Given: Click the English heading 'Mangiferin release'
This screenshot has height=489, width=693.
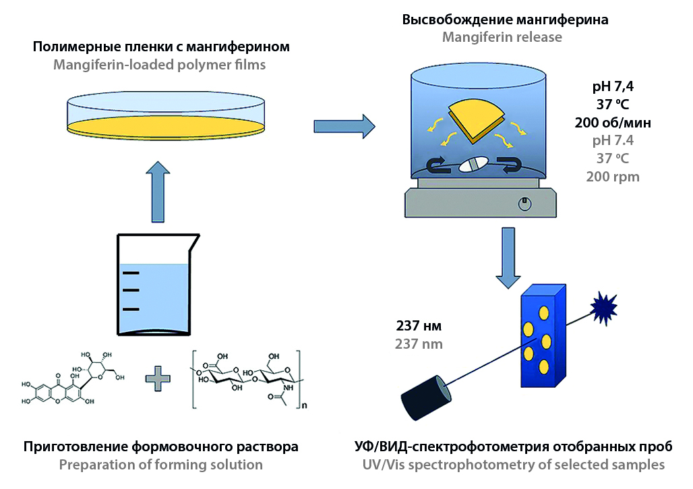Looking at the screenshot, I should pos(502,37).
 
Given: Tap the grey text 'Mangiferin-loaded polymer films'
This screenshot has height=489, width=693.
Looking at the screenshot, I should pos(160,65).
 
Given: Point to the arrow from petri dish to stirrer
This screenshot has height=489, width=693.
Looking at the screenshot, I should pos(344,125).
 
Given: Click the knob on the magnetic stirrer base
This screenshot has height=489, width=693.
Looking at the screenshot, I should pos(524,202).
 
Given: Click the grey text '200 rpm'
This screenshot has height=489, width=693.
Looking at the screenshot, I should pos(612,177).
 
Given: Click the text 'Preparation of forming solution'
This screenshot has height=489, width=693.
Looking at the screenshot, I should pos(160,465).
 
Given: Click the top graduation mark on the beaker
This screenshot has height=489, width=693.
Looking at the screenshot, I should pos(131,273).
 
